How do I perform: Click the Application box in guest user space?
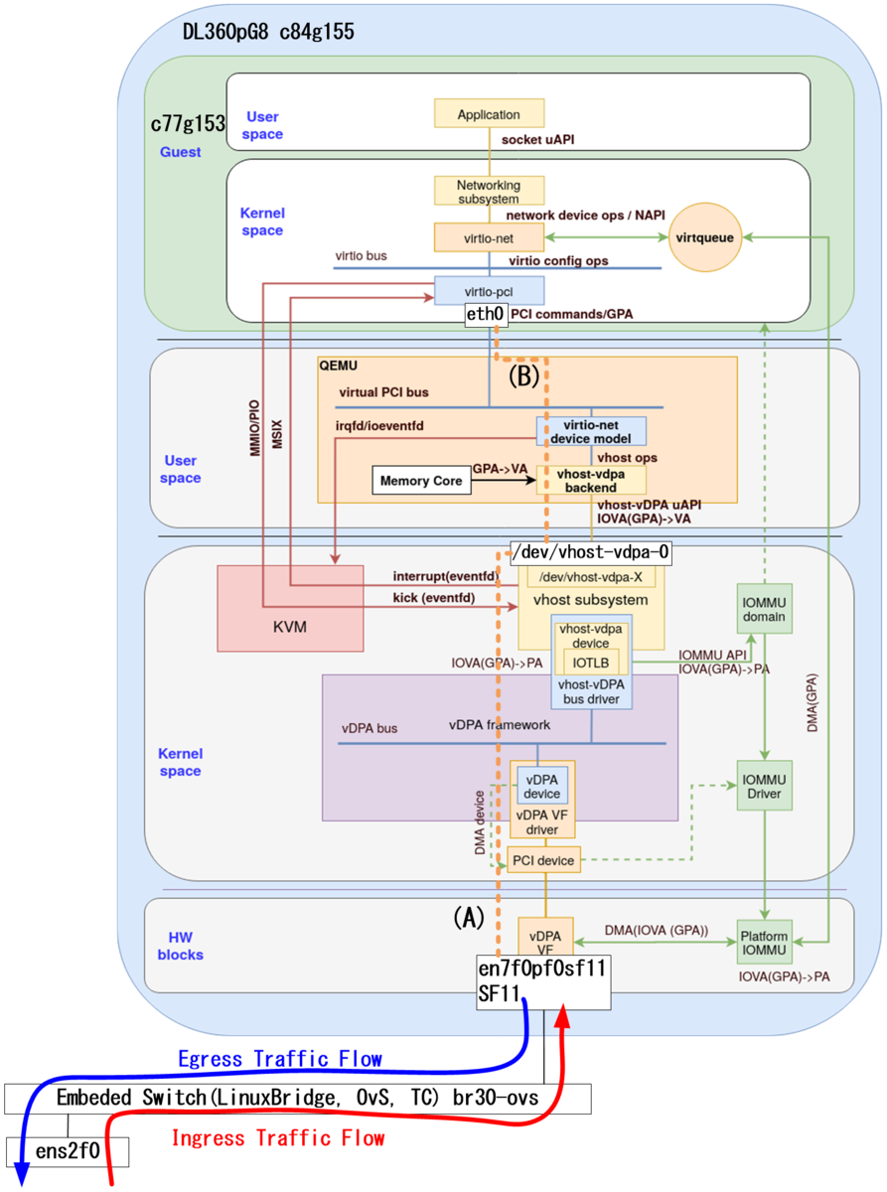coord(489,113)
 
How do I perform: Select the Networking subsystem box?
coord(489,191)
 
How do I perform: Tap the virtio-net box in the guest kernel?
coord(489,236)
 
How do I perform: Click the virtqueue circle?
coord(704,238)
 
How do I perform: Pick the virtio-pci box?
coord(489,290)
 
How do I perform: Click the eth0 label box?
coord(487,314)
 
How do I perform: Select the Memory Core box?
coord(420,481)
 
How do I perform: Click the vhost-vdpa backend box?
coord(591,480)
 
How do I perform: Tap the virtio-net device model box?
coord(591,431)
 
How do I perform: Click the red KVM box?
coord(290,608)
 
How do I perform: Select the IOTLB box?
coord(591,662)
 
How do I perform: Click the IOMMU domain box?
coord(764,608)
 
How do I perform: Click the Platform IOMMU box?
coord(764,941)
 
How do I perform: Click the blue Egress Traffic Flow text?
coord(279,1059)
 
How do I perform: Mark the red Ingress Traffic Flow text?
coord(278,1137)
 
